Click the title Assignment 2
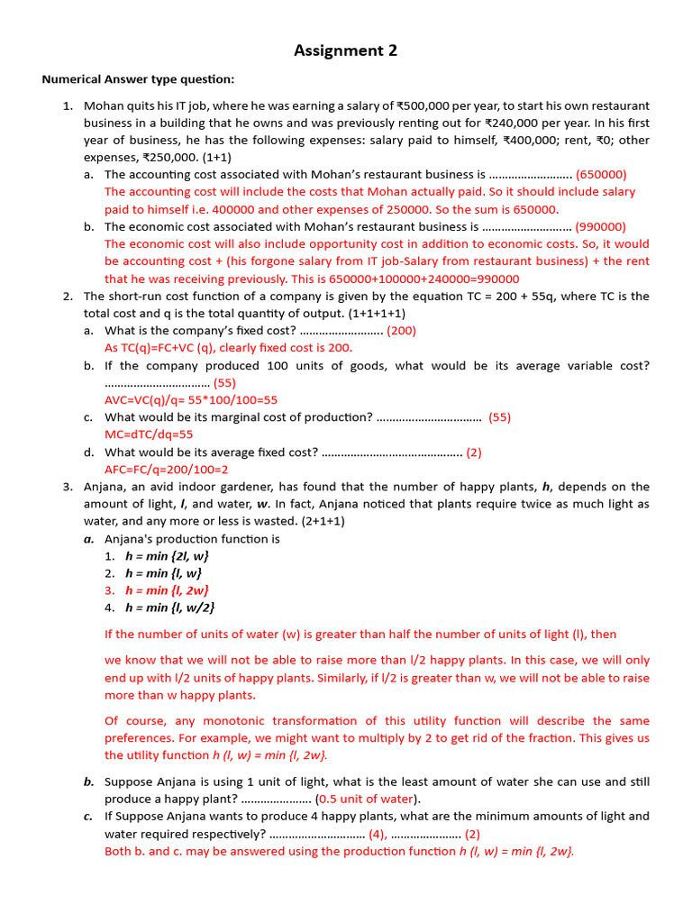[345, 51]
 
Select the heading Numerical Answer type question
[138, 79]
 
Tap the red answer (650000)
[601, 174]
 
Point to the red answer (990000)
[600, 226]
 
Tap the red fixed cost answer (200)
[401, 330]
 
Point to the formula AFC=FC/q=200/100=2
[167, 470]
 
